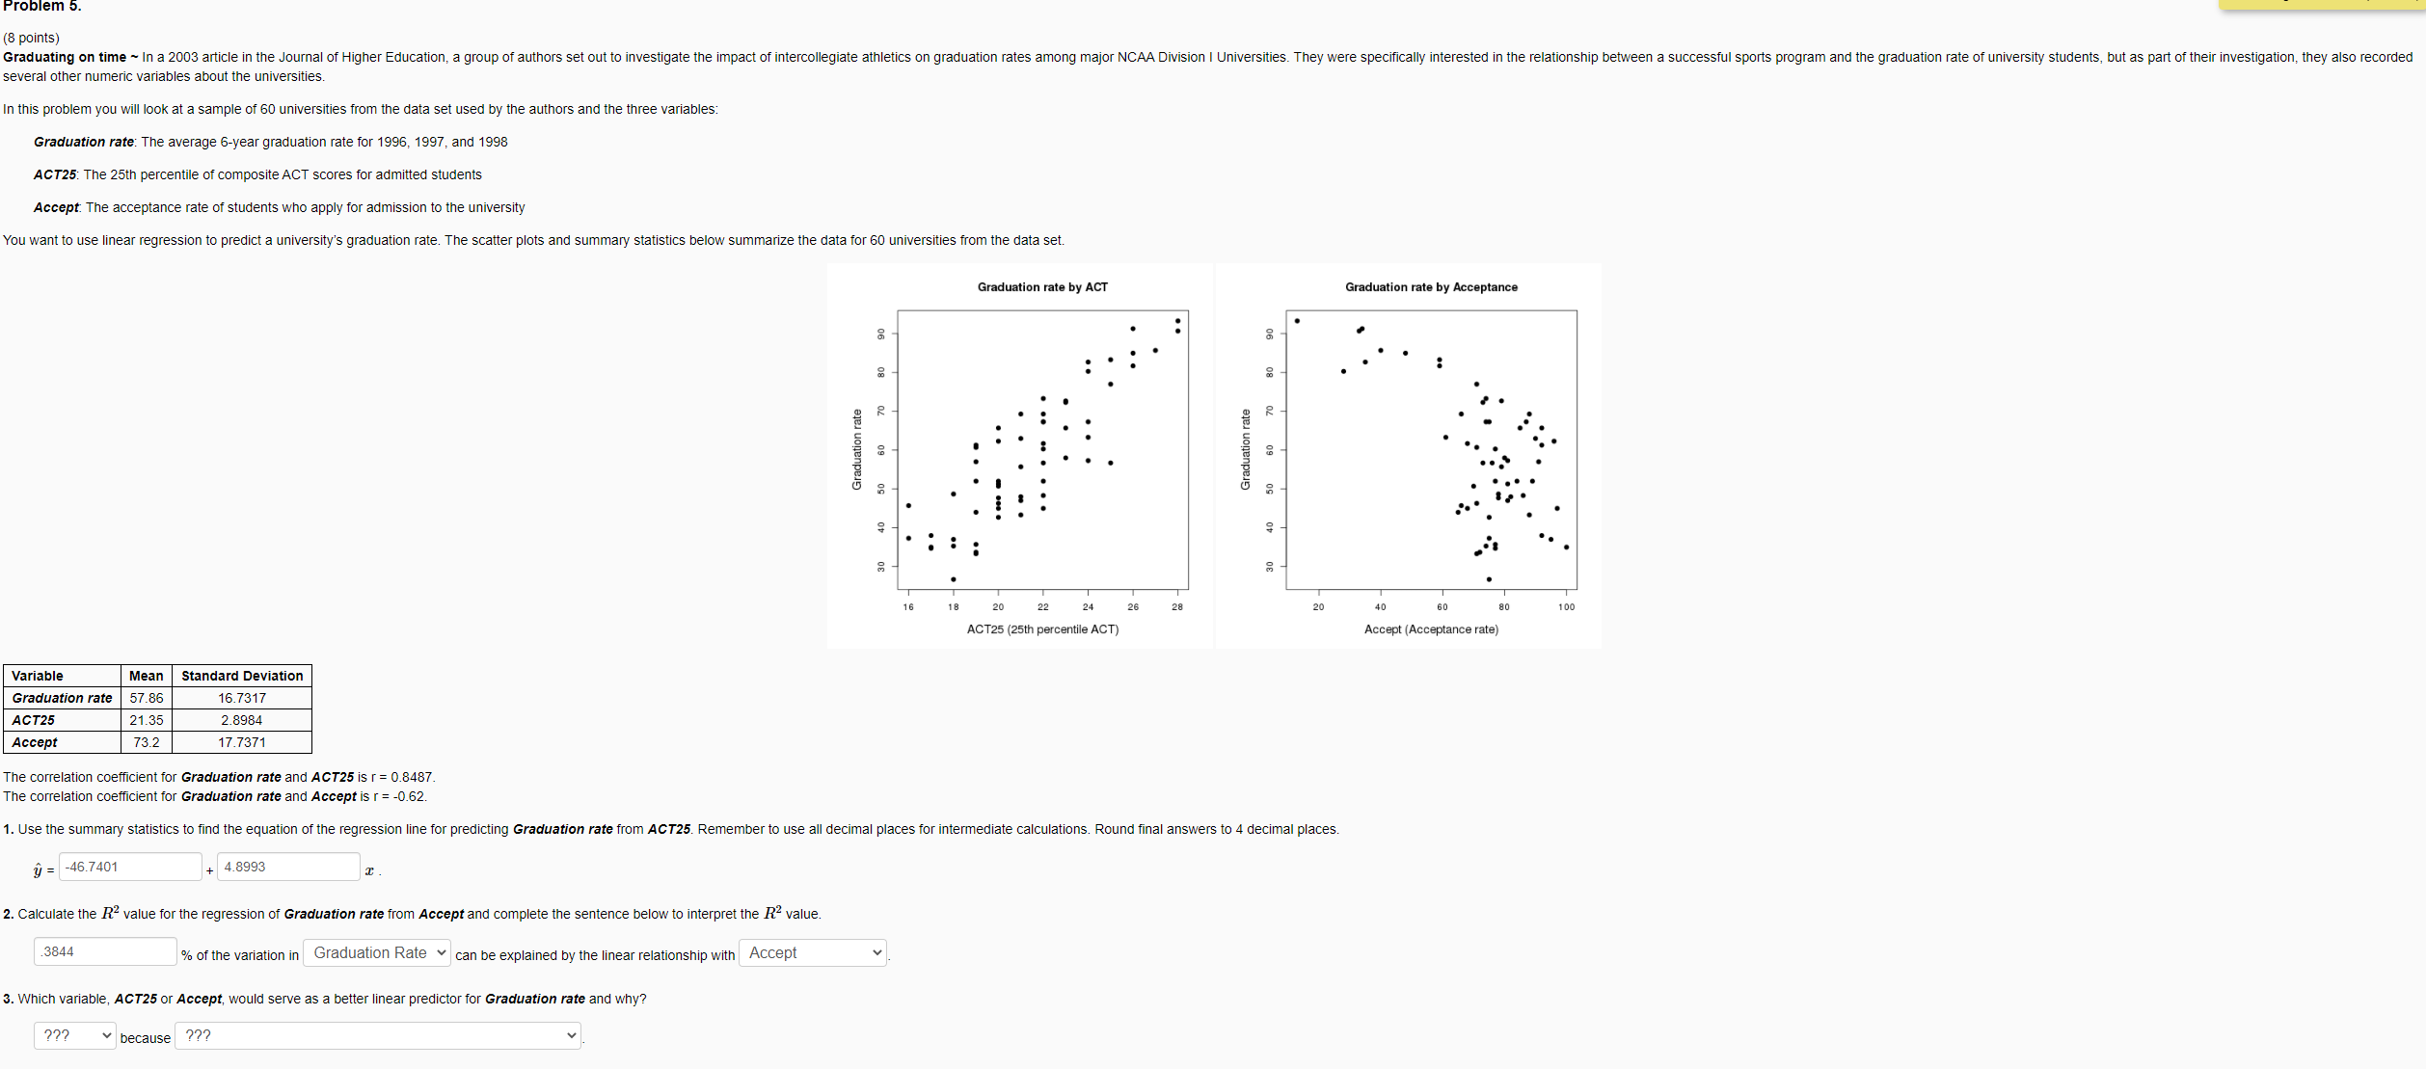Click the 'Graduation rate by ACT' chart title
pos(1041,287)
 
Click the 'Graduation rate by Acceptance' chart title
pos(1431,287)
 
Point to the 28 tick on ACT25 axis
pos(1177,607)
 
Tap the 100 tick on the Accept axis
pos(1566,607)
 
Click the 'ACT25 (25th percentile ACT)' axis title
pos(1042,629)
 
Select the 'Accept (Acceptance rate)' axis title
pos(1431,629)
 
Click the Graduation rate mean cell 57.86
pos(147,698)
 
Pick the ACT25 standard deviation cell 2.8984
pos(241,720)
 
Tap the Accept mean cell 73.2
pos(147,742)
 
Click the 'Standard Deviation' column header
pos(242,676)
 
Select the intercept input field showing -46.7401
pos(130,867)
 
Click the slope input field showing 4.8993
pos(287,867)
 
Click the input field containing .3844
pos(105,951)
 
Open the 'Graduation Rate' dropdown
pos(377,953)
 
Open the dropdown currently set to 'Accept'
pos(812,953)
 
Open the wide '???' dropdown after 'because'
pos(378,1036)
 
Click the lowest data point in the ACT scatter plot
pos(953,579)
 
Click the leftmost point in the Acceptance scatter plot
pos(1297,321)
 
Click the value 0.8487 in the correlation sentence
pos(413,777)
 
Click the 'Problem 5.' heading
pos(42,7)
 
